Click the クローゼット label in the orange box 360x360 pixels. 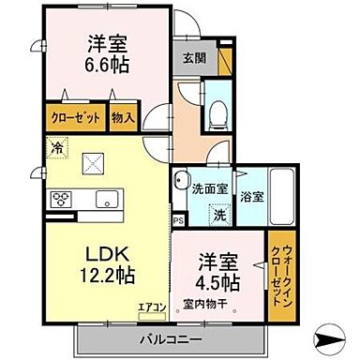pos(76,119)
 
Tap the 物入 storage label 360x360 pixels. pos(123,119)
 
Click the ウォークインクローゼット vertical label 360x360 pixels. pos(280,269)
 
